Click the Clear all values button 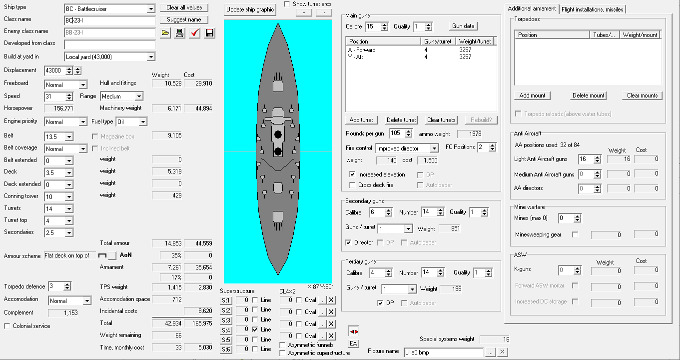(184, 7)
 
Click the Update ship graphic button (250, 9)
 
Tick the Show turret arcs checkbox (287, 4)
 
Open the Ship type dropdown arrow (151, 9)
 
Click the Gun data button (463, 26)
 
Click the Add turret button (361, 120)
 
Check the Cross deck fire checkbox (352, 185)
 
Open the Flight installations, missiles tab (592, 9)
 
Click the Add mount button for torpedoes (532, 95)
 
